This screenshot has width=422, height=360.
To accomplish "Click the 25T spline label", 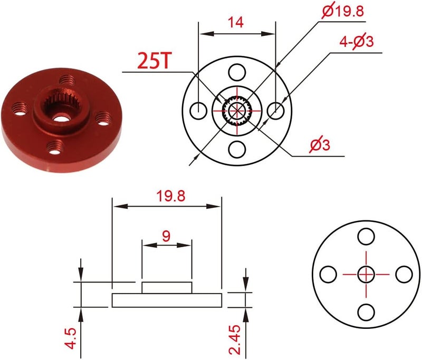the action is pyautogui.click(x=154, y=61).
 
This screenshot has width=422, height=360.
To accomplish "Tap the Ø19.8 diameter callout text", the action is pyautogui.click(x=342, y=11).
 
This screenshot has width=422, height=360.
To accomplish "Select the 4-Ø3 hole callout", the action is pyautogui.click(x=357, y=42).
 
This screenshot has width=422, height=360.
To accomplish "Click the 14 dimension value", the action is pyautogui.click(x=236, y=22).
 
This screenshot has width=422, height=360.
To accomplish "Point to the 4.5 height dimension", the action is pyautogui.click(x=71, y=338).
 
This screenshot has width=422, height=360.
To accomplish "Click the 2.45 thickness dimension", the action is pyautogui.click(x=234, y=339).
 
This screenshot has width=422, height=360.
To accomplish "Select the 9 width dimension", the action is pyautogui.click(x=166, y=236).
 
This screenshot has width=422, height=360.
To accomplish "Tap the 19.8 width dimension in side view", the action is pyautogui.click(x=171, y=196).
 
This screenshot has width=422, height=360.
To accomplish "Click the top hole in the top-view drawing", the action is pyautogui.click(x=237, y=72).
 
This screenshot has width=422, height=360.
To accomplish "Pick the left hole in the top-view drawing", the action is pyautogui.click(x=198, y=111).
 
